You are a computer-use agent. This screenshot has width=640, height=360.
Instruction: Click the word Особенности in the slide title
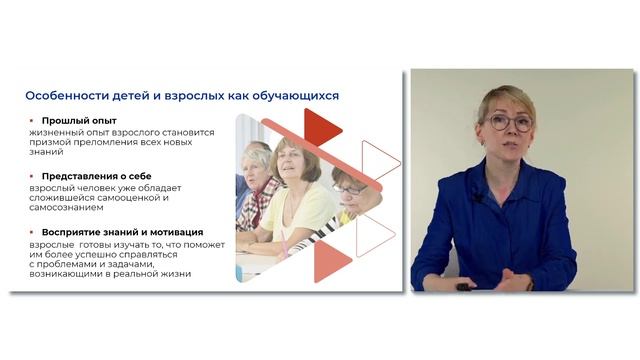click(x=67, y=96)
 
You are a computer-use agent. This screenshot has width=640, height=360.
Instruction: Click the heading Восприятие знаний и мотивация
click(x=122, y=232)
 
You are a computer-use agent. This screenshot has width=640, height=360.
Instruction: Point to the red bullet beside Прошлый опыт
click(x=31, y=122)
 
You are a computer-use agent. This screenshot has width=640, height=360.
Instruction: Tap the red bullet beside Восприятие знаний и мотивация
click(x=31, y=232)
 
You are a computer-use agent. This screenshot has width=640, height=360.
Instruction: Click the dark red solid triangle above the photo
click(x=321, y=127)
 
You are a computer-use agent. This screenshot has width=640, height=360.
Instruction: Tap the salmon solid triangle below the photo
click(x=331, y=261)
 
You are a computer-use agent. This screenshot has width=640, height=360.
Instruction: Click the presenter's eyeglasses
click(x=509, y=122)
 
